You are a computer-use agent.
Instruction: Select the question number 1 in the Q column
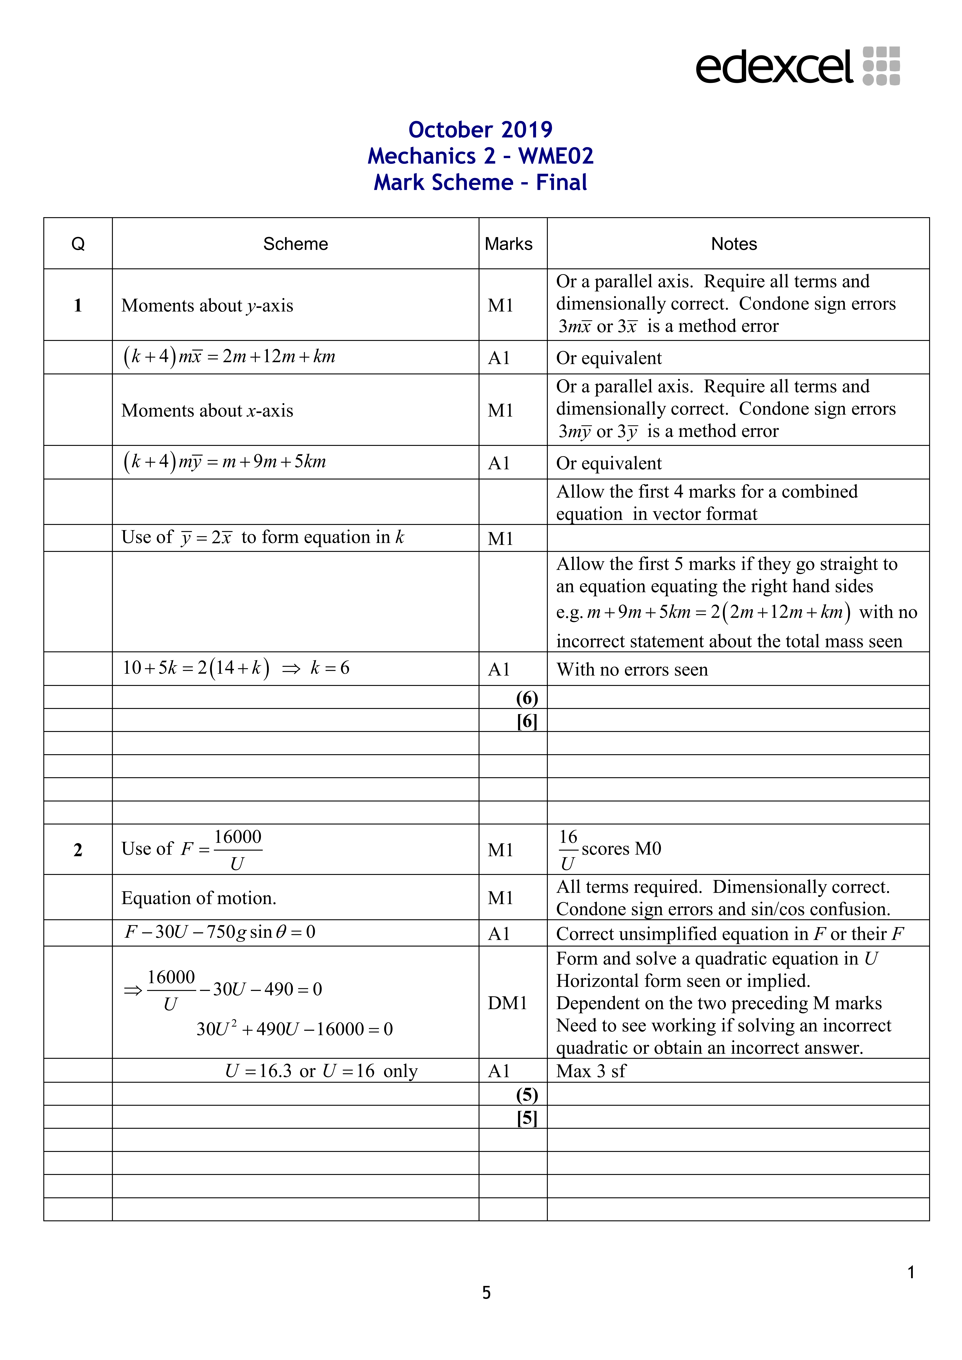(78, 306)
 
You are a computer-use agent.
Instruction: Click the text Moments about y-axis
(207, 306)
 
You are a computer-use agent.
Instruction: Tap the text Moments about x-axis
(207, 410)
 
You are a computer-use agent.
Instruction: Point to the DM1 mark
(507, 1003)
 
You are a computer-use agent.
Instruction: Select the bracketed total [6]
(527, 721)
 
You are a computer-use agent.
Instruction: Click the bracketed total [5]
(527, 1118)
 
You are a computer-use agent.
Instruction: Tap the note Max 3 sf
(591, 1071)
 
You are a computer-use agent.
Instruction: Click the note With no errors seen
(632, 669)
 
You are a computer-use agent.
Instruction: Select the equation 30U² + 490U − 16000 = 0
(294, 1029)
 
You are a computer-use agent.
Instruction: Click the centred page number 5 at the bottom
(486, 1292)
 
